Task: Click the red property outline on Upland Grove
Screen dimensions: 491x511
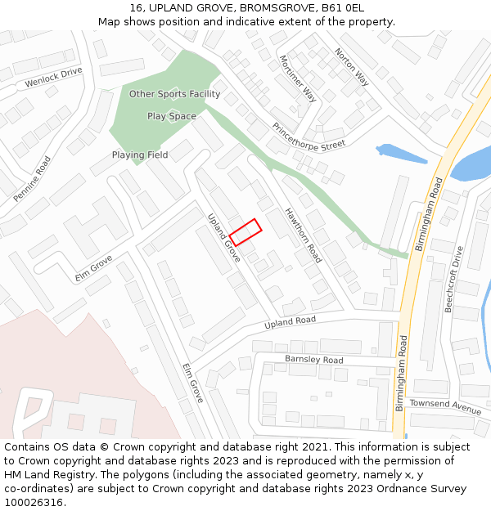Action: (x=245, y=232)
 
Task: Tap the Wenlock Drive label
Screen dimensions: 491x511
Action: (x=54, y=78)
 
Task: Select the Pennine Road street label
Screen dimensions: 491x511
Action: (x=32, y=179)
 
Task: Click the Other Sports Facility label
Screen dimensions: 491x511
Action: (x=174, y=94)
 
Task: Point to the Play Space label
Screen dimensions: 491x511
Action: (x=172, y=116)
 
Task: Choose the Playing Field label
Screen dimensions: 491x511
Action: (x=140, y=155)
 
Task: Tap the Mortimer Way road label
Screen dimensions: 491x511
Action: (x=297, y=78)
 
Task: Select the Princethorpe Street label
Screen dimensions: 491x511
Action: (x=309, y=137)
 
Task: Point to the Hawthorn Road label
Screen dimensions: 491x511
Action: (x=303, y=235)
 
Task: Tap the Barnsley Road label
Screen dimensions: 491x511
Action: (x=313, y=360)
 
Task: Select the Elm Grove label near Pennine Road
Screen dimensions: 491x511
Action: (x=93, y=267)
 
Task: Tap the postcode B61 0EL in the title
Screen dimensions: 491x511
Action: (x=344, y=8)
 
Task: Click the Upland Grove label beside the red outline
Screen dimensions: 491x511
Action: (x=223, y=238)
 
